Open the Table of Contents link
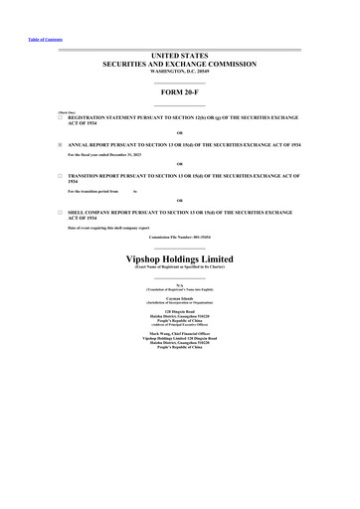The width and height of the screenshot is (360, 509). [38, 39]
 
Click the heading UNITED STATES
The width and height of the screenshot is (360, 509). [180, 56]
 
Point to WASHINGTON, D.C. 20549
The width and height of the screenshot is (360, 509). [180, 72]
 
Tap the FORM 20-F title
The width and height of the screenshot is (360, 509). [180, 93]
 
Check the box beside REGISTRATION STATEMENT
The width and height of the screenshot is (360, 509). [61, 117]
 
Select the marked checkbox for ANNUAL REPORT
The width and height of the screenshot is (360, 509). [61, 144]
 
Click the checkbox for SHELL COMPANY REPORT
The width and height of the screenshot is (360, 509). [61, 212]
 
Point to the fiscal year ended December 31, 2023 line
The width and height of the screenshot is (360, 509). [110, 155]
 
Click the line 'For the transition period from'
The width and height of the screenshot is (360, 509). [93, 190]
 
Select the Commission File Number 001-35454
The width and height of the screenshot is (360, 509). [180, 239]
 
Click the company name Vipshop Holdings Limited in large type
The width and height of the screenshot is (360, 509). [180, 258]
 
